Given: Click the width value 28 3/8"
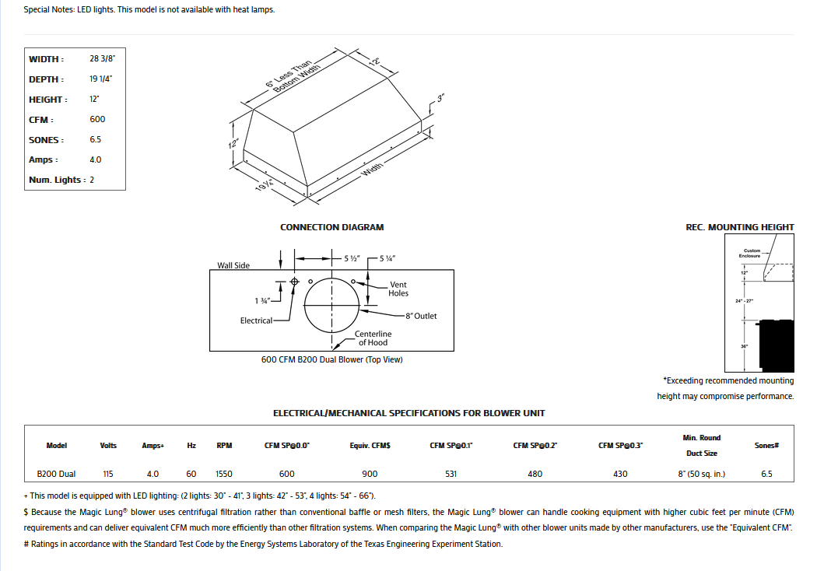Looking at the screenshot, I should pyautogui.click(x=103, y=59).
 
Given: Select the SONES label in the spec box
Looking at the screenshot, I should pyautogui.click(x=46, y=140).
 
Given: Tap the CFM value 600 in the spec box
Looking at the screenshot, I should pyautogui.click(x=97, y=119).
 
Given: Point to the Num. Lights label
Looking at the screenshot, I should pyautogui.click(x=57, y=180).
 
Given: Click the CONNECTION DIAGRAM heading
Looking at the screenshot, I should pyautogui.click(x=331, y=227).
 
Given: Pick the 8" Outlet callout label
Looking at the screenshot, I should pyautogui.click(x=421, y=316).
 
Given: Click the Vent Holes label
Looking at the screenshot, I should pyautogui.click(x=398, y=289).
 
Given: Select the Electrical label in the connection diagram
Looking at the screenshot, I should pyautogui.click(x=256, y=321).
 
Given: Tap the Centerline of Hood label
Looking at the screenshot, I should pyautogui.click(x=373, y=338).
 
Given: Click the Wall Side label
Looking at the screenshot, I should pyautogui.click(x=233, y=265).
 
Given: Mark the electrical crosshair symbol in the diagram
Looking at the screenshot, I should pyautogui.click(x=294, y=282).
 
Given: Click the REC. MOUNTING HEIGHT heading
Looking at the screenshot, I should pyautogui.click(x=739, y=227).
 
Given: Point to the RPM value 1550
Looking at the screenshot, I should pyautogui.click(x=225, y=474).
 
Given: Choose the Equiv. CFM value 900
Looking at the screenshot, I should pyautogui.click(x=370, y=474).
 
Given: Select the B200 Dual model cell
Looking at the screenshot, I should pyautogui.click(x=57, y=474).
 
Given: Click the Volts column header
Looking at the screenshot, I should pyautogui.click(x=108, y=446).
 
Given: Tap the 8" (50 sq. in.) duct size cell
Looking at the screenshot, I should pyautogui.click(x=701, y=474).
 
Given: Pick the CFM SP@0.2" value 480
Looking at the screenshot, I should pyautogui.click(x=535, y=474).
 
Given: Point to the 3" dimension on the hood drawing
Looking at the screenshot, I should pyautogui.click(x=440, y=99).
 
